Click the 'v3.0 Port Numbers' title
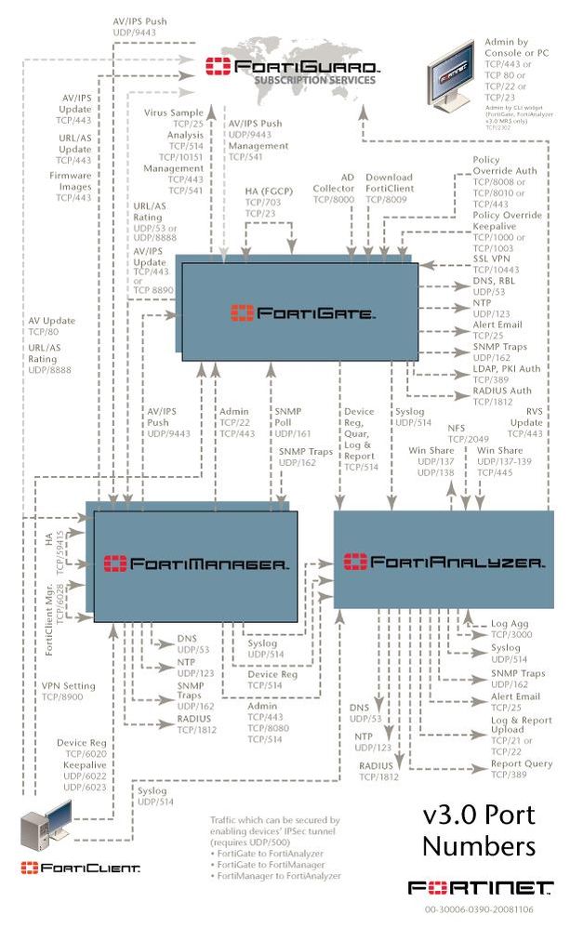coord(480,830)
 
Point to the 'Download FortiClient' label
coord(389,183)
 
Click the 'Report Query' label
coord(521,763)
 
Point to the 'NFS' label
coord(457,429)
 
